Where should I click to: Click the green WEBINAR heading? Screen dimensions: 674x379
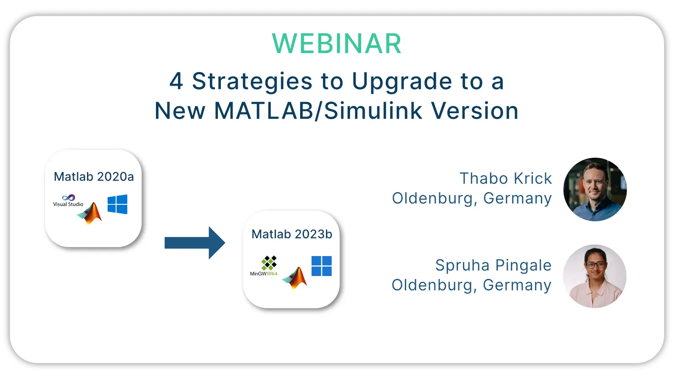click(337, 44)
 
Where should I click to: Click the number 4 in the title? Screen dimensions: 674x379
click(176, 81)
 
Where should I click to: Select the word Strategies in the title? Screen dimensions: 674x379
click(252, 82)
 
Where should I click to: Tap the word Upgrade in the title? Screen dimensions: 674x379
click(402, 82)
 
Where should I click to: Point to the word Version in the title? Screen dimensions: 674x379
click(475, 111)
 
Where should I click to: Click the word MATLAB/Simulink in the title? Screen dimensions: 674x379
click(318, 111)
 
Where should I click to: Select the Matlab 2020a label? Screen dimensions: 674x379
click(94, 177)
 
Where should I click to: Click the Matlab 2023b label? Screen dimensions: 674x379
click(292, 234)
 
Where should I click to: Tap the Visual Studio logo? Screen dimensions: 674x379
click(68, 201)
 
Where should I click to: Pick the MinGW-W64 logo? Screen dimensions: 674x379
click(264, 266)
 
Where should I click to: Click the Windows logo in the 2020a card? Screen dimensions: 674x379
click(117, 204)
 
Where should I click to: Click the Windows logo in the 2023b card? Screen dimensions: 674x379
click(322, 266)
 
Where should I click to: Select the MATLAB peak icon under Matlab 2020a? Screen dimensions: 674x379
click(90, 213)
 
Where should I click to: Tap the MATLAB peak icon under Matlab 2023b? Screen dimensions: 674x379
click(295, 278)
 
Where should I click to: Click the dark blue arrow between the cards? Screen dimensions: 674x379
click(195, 242)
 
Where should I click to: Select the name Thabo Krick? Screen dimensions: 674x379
click(505, 178)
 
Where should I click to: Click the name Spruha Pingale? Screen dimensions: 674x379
click(493, 265)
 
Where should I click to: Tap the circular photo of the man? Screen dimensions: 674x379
click(595, 189)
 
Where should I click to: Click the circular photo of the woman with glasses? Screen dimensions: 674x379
click(595, 276)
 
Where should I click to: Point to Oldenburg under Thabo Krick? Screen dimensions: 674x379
click(432, 198)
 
